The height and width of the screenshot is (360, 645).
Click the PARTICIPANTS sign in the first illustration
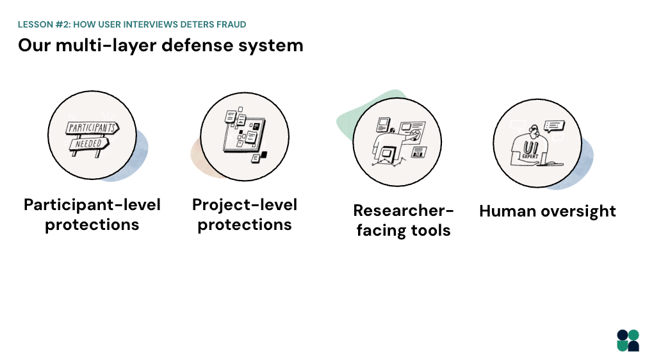(x=92, y=127)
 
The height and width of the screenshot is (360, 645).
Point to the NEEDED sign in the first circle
(x=89, y=144)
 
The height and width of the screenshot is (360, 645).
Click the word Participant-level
(x=92, y=204)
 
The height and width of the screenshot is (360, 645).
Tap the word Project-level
(x=245, y=204)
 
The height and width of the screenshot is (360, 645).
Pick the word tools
(x=430, y=231)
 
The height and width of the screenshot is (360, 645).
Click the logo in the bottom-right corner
(x=628, y=340)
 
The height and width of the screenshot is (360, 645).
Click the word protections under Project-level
(x=245, y=225)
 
